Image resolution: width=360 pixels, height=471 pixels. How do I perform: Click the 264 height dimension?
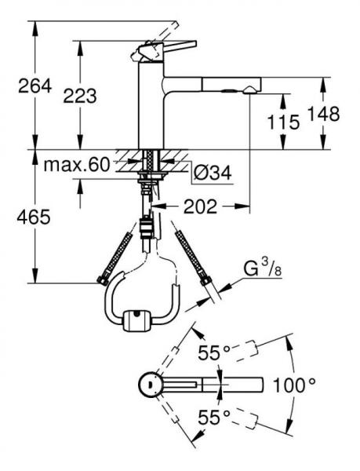[35, 86]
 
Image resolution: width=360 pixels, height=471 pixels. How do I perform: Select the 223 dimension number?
[80, 96]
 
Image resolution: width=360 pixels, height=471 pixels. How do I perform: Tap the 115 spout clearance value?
[283, 122]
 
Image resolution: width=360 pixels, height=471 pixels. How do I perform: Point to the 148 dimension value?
[324, 114]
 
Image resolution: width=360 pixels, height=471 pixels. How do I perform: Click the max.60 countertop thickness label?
[77, 165]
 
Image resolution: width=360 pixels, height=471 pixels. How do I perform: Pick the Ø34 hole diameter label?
[213, 173]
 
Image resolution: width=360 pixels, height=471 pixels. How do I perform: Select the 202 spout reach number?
[200, 206]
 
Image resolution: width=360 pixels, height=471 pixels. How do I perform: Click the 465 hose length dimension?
[34, 217]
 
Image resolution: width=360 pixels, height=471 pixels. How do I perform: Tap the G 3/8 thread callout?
[263, 268]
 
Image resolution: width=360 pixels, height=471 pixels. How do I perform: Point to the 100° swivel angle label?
[294, 385]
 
